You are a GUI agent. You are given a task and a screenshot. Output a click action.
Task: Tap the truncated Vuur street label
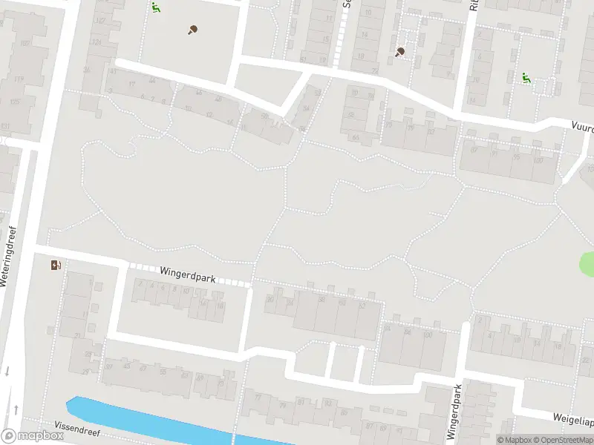[582, 127]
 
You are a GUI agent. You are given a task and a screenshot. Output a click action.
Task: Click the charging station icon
[56, 265]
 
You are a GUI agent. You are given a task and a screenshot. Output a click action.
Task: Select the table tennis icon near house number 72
[401, 52]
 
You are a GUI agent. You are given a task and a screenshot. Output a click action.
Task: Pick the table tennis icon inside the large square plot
[192, 30]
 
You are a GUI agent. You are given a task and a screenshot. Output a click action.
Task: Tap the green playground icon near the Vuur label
[526, 77]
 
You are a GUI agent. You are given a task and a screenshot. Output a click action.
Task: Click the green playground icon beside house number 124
[156, 8]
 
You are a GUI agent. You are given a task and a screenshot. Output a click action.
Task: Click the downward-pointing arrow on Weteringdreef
[7, 371]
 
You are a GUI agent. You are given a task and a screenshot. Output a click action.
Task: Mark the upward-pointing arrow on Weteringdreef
[16, 409]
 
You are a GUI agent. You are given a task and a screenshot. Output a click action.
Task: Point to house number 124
[96, 42]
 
